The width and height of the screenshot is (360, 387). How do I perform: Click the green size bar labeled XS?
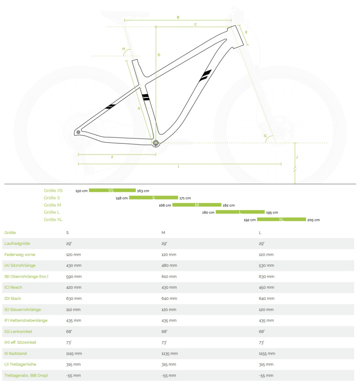[x=112, y=191]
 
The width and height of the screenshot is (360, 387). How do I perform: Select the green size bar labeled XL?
[x=281, y=220]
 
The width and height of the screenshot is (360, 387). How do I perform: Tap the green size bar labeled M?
[x=197, y=205]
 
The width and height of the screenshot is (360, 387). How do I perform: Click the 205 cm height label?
[x=313, y=220]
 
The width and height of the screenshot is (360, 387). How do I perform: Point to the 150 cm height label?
[x=81, y=191]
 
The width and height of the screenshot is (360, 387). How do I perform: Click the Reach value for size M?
[x=169, y=287]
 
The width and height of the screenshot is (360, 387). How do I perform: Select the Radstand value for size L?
[x=267, y=353]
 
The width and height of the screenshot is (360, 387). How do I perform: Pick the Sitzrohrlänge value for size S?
[x=74, y=265]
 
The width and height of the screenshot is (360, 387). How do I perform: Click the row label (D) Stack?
[x=13, y=298]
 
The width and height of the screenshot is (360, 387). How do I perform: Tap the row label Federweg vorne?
[x=20, y=254]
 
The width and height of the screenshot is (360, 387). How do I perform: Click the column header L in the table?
[x=260, y=233]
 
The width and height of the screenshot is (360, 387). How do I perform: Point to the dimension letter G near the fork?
[x=265, y=136]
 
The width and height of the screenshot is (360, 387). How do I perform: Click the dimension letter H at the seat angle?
[x=123, y=49]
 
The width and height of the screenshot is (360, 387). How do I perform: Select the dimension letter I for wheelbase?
[x=179, y=167]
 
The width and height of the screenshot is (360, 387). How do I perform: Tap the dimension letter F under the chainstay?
[x=112, y=157]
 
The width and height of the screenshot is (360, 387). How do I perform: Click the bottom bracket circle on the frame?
[x=156, y=143]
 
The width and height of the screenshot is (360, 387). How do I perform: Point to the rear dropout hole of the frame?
[x=78, y=132]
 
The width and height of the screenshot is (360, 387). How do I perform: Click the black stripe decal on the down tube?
[x=205, y=75]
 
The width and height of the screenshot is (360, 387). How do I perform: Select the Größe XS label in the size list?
[x=53, y=191]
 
